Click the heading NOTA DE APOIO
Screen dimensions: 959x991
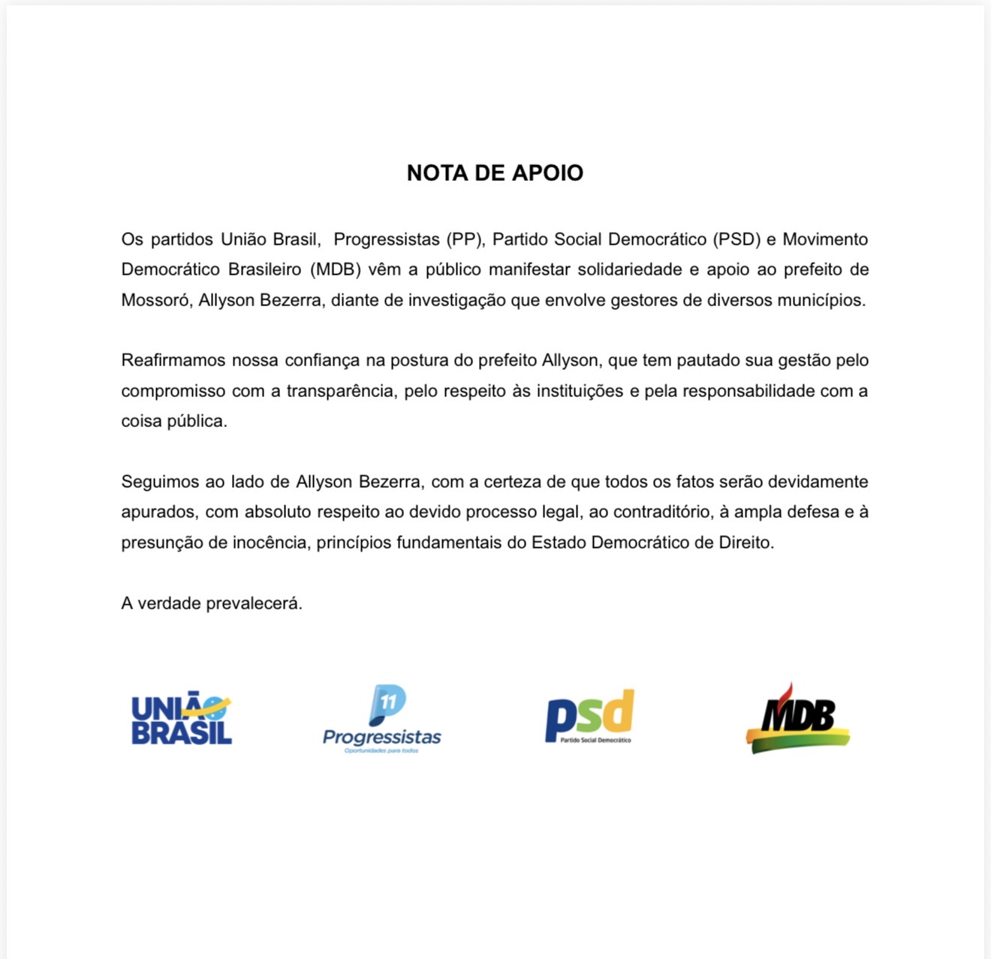click(495, 173)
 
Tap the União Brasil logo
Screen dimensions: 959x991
click(182, 719)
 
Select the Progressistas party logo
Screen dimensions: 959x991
click(382, 719)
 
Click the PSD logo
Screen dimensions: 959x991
click(590, 717)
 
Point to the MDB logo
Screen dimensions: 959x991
click(798, 719)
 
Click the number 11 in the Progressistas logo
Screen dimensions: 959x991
click(388, 702)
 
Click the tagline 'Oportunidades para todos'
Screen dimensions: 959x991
click(381, 750)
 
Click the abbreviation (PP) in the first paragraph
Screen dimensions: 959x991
click(466, 239)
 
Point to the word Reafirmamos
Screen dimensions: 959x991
click(172, 360)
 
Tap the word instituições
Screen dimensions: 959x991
click(580, 391)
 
